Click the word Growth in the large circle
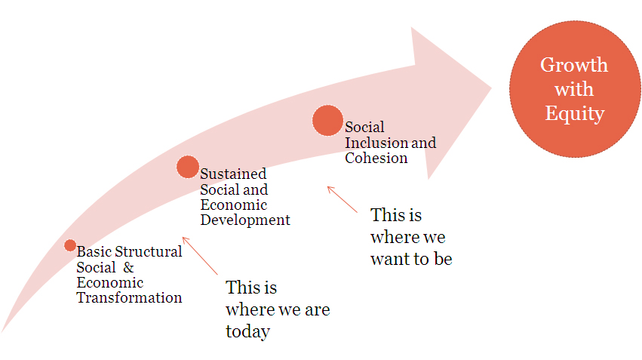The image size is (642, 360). (573, 65)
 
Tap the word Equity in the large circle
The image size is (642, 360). (574, 113)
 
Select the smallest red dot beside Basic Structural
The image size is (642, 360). (70, 245)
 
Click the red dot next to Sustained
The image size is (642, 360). (188, 167)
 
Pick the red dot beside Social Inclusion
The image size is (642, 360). (327, 121)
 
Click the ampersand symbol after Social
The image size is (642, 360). (128, 267)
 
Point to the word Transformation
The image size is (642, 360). (129, 298)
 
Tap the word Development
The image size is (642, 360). (245, 220)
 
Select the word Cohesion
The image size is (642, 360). (376, 158)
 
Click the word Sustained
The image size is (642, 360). (233, 174)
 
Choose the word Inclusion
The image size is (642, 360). (376, 143)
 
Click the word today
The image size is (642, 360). (247, 331)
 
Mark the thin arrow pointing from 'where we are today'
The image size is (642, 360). (200, 256)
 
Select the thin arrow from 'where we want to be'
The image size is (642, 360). (343, 199)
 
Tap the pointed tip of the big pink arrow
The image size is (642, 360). (491, 88)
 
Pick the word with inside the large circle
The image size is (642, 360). (573, 89)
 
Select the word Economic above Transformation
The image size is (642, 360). (109, 282)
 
